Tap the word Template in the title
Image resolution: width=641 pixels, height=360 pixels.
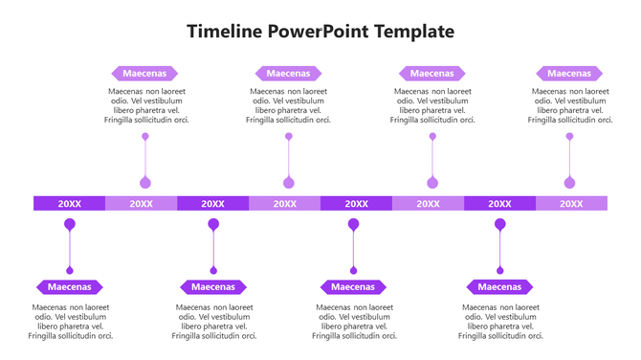(x=413, y=32)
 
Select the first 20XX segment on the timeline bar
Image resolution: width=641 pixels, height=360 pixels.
(x=69, y=203)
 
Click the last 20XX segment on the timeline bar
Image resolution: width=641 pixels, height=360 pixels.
(x=571, y=203)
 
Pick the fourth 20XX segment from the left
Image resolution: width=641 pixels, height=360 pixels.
(x=284, y=203)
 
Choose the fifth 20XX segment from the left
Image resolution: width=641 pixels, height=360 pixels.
(x=356, y=203)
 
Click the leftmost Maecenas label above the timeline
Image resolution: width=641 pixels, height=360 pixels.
(x=144, y=73)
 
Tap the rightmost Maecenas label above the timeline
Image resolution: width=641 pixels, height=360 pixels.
(x=569, y=73)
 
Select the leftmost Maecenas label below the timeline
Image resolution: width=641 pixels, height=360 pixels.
(x=70, y=286)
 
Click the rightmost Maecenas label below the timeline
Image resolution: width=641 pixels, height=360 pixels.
(x=499, y=286)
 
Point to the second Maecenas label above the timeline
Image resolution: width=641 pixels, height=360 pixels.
(x=288, y=73)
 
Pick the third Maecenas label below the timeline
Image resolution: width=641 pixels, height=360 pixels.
(x=353, y=286)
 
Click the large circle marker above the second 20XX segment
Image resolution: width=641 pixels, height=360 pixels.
(x=145, y=182)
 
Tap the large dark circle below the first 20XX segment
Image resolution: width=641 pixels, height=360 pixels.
(x=70, y=225)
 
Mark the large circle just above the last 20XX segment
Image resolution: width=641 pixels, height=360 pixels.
(x=570, y=182)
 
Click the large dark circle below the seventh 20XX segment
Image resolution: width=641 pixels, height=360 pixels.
(x=499, y=225)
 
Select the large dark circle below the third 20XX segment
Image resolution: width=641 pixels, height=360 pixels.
(x=213, y=225)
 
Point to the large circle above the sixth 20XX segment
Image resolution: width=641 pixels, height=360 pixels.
(x=432, y=182)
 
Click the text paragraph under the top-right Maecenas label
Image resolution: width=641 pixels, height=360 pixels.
(x=570, y=105)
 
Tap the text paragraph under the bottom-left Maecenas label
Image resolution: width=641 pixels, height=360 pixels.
(x=71, y=322)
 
